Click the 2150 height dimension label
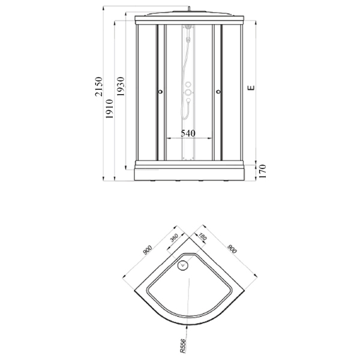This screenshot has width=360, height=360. click(99, 87)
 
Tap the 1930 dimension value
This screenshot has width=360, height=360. click(121, 86)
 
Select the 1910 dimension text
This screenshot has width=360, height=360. click(110, 109)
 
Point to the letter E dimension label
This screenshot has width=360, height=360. click(251, 88)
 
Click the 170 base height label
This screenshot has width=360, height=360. click(262, 171)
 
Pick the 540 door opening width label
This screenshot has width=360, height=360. click(188, 133)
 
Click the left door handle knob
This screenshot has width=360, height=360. click(160, 92)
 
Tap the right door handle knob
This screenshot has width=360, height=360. click(218, 92)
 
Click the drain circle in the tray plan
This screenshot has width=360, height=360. click(183, 266)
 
